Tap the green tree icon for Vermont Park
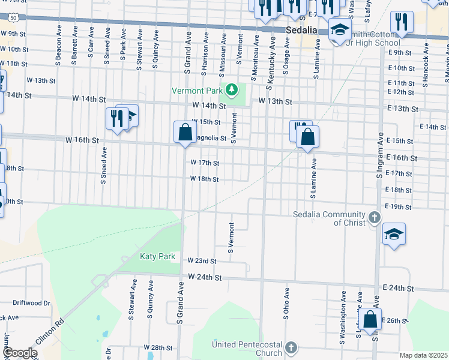pos(232,90)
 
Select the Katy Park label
pos(157,256)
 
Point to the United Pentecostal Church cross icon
pos(291,348)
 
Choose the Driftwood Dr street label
pos(31,303)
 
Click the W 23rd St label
pos(201,261)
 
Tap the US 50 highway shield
pos(13,19)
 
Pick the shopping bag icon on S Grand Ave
pos(185,133)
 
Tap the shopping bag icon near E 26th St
pos(370,319)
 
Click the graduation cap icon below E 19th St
pos(394,235)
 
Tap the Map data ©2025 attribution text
pos(424,355)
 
